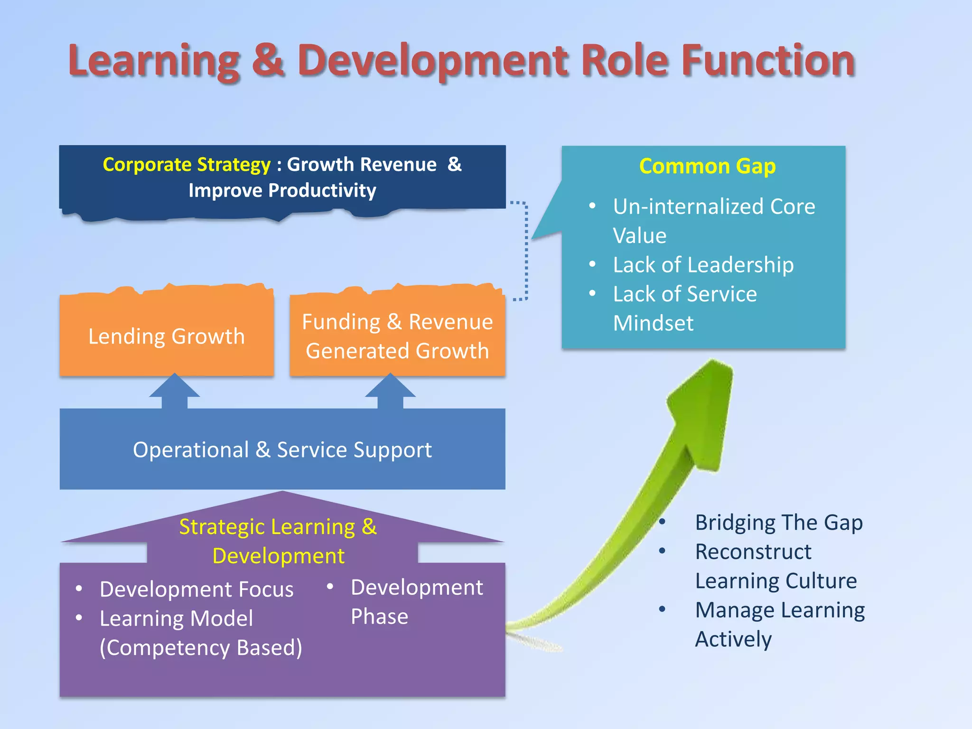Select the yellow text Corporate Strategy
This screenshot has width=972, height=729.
coord(187,165)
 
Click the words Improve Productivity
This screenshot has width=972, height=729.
coord(282,190)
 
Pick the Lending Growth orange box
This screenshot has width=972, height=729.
coord(167,336)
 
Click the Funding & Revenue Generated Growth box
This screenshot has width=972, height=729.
coord(397,336)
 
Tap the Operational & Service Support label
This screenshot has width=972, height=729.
coord(282,449)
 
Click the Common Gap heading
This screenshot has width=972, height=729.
coord(707,166)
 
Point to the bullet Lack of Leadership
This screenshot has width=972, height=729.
coord(703,265)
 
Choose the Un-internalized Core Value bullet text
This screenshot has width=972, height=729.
coord(713,220)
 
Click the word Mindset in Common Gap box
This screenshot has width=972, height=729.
coord(653,323)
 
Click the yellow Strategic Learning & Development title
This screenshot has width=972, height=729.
coord(278,541)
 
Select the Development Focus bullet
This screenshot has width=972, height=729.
coord(196,589)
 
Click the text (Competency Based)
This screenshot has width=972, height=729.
coord(201,648)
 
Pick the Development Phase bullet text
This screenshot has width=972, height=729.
coord(416,601)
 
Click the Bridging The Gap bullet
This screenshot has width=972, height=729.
coord(778,523)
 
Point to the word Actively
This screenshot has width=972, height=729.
coord(733,639)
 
